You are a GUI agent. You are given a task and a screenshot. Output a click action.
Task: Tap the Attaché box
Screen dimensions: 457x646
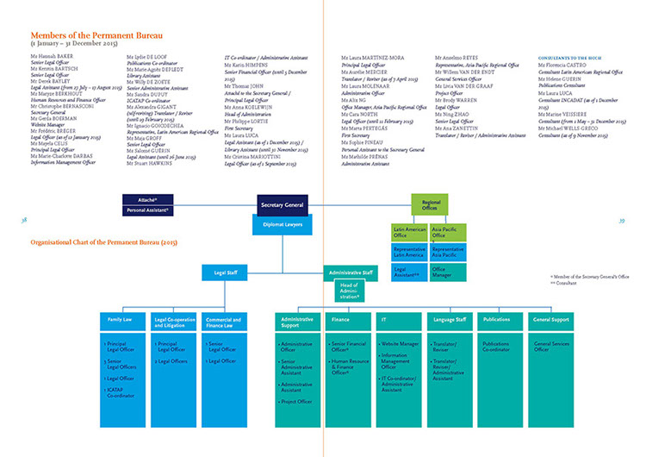tap(148, 199)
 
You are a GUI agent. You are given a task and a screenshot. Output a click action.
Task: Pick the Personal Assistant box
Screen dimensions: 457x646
tap(148, 210)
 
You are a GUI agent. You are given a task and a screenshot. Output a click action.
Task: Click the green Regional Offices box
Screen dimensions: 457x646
tap(432, 205)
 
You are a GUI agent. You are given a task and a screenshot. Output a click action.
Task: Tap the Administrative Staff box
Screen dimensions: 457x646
tap(351, 272)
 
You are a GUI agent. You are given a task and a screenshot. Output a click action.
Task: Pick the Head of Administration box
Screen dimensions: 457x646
tap(351, 291)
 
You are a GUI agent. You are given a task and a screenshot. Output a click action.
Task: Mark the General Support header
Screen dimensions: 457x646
tap(552, 320)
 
